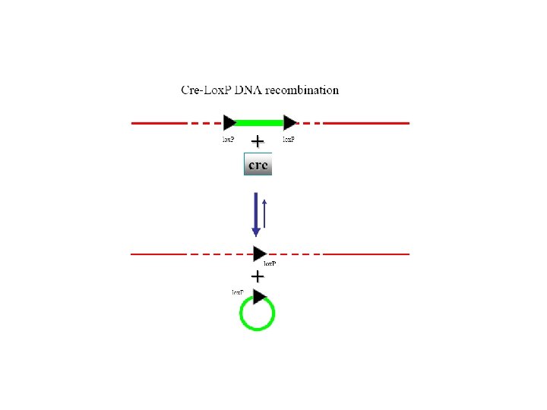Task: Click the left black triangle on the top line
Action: [x=230, y=122]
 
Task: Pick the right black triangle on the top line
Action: [x=289, y=122]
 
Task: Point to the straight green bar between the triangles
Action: [x=260, y=122]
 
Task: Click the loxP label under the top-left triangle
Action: [x=228, y=140]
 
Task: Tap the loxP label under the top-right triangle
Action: [x=289, y=140]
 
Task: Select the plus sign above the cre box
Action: [x=258, y=141]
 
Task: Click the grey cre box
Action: [x=258, y=164]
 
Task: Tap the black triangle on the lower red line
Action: [x=260, y=254]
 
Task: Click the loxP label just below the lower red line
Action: [x=270, y=264]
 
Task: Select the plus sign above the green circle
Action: [x=258, y=276]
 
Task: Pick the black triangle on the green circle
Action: [x=260, y=296]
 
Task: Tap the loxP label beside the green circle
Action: [x=238, y=292]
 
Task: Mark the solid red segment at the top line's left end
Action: [x=158, y=122]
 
